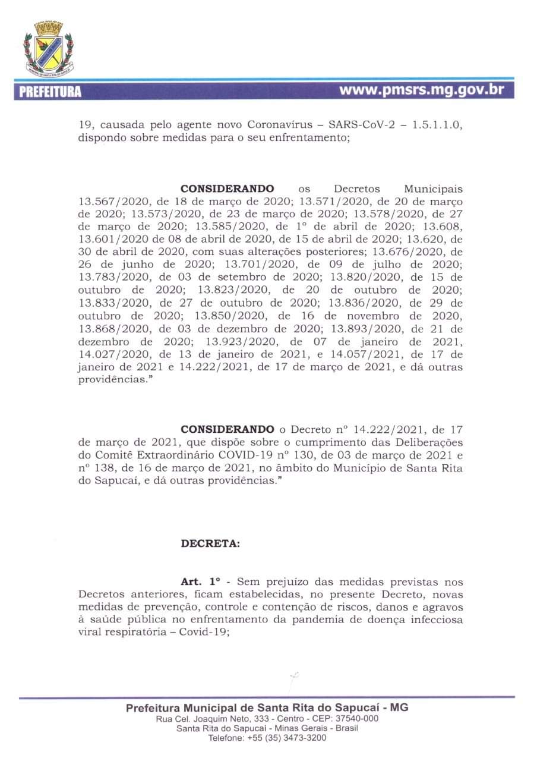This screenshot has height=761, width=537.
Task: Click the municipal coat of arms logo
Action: (x=48, y=48)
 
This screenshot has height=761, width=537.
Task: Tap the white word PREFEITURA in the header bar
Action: (x=50, y=92)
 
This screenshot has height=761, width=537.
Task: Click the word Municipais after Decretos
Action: (x=433, y=188)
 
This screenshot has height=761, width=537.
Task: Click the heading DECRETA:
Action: (x=211, y=544)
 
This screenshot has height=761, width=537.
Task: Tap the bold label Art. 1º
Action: (x=200, y=581)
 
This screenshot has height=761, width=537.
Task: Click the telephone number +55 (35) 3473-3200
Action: (x=288, y=738)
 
